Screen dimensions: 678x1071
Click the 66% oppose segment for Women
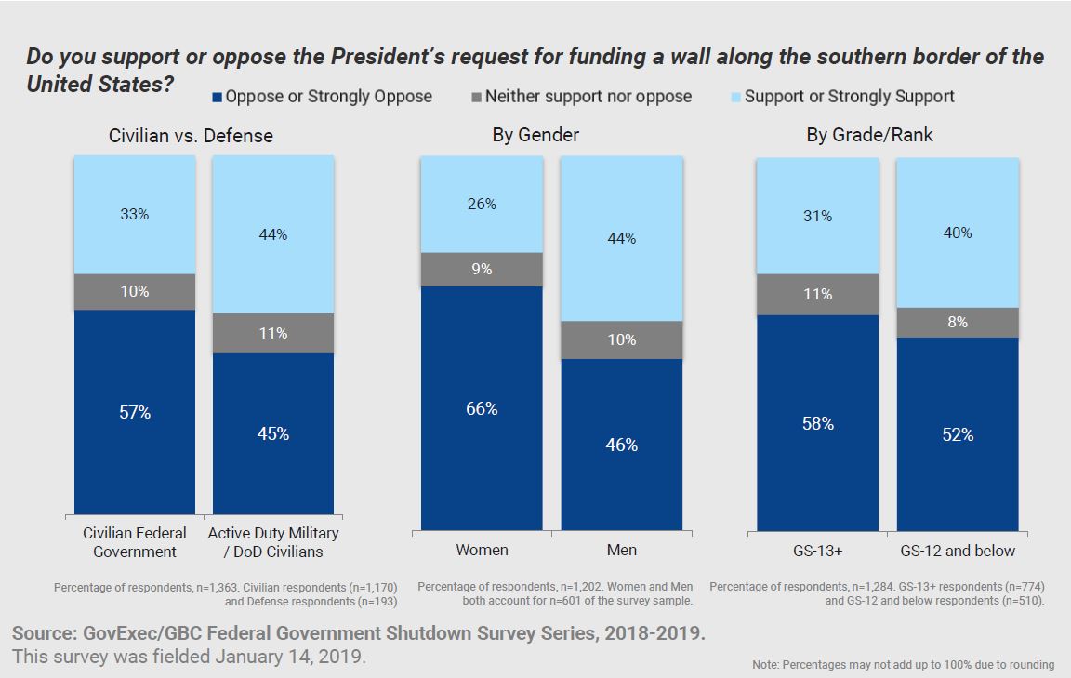[x=482, y=409]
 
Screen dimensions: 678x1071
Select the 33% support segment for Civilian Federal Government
[x=135, y=215]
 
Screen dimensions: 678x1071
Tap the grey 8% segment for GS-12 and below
[x=958, y=323]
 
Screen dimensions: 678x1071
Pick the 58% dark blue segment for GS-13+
[x=817, y=423]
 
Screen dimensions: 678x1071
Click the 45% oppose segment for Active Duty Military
[x=273, y=433]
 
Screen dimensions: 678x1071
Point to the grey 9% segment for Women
[x=482, y=270]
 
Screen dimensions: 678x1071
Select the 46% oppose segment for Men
[x=621, y=445]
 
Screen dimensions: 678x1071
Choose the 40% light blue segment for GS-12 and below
[x=958, y=233]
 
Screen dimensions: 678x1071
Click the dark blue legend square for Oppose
[x=218, y=97]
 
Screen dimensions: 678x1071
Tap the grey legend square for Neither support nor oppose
[x=476, y=97]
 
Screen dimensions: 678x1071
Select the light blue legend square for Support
[x=735, y=97]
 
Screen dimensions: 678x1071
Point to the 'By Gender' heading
[x=535, y=136]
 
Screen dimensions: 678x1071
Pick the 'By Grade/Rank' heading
[x=869, y=136]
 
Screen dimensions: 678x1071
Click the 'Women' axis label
[x=482, y=550]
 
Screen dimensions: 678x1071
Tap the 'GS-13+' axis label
[x=817, y=551]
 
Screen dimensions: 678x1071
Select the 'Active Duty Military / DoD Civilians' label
[x=273, y=542]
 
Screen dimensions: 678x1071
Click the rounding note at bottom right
[x=903, y=665]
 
